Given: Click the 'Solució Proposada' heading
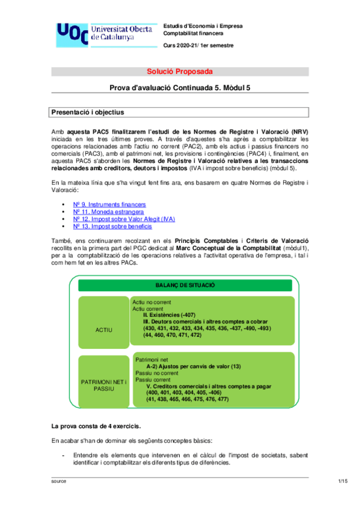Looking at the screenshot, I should (180, 72).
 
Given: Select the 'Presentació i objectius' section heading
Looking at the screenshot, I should (88, 112).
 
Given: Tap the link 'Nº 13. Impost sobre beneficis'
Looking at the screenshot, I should (112, 227).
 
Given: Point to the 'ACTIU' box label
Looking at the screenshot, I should (104, 330).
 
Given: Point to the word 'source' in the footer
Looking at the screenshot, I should (59, 482).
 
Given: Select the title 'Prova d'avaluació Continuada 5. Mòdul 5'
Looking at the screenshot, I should (180, 87).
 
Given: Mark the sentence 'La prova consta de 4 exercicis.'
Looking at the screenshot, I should (96, 426).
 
